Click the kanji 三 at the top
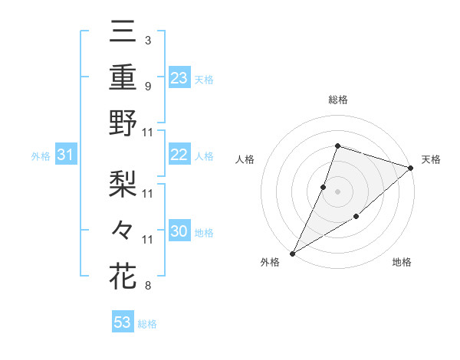(x=123, y=34)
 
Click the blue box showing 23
(x=179, y=78)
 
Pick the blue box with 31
(x=66, y=155)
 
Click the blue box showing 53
(x=123, y=322)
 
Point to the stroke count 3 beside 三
(x=147, y=40)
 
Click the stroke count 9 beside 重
(x=147, y=86)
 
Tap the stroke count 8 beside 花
(x=147, y=286)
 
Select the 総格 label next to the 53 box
(x=147, y=324)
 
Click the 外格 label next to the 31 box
(x=41, y=156)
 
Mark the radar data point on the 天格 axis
(x=411, y=168)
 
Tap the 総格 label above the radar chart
(x=337, y=100)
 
